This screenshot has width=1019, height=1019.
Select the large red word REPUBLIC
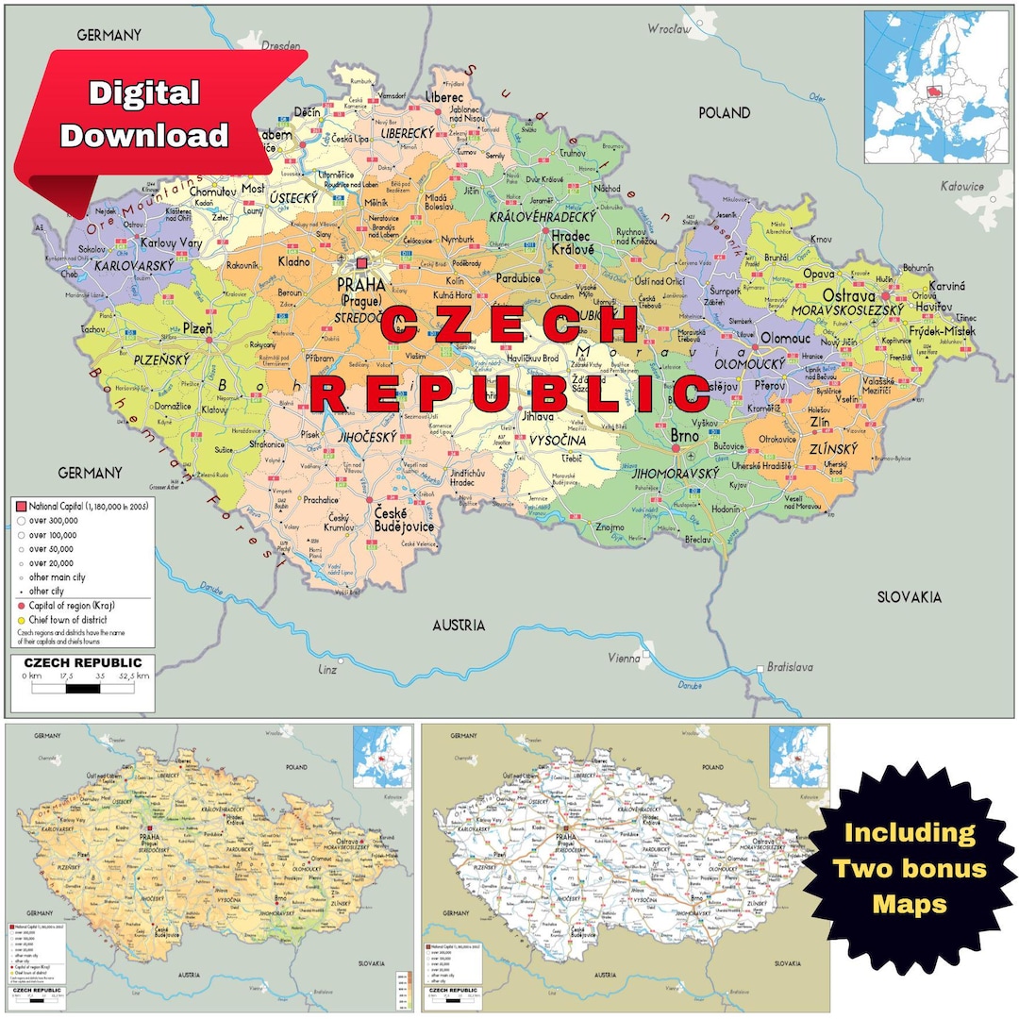click(x=510, y=393)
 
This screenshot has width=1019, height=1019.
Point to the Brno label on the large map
click(x=684, y=436)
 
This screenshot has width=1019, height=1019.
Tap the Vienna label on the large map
click(x=624, y=658)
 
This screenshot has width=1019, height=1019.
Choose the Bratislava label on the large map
click(x=789, y=667)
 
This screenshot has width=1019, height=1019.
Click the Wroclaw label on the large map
click(x=669, y=29)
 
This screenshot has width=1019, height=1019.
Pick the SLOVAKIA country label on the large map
click(x=909, y=597)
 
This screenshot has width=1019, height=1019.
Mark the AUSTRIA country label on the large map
click(x=459, y=625)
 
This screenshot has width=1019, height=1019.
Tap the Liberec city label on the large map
click(x=443, y=97)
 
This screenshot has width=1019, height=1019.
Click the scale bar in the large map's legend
click(x=83, y=688)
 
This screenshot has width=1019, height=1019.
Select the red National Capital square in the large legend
click(x=20, y=506)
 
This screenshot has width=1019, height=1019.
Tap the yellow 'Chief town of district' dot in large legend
click(x=20, y=619)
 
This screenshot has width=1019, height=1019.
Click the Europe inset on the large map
click(x=937, y=86)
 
